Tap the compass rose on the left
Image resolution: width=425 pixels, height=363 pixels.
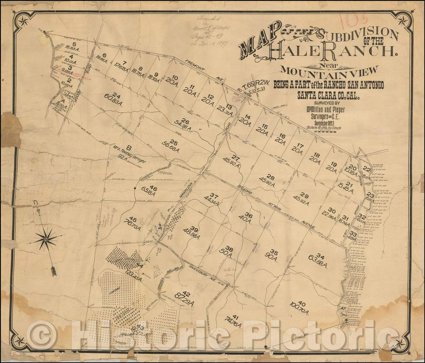point(46,238)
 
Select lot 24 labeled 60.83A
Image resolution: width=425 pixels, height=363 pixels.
point(113,97)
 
